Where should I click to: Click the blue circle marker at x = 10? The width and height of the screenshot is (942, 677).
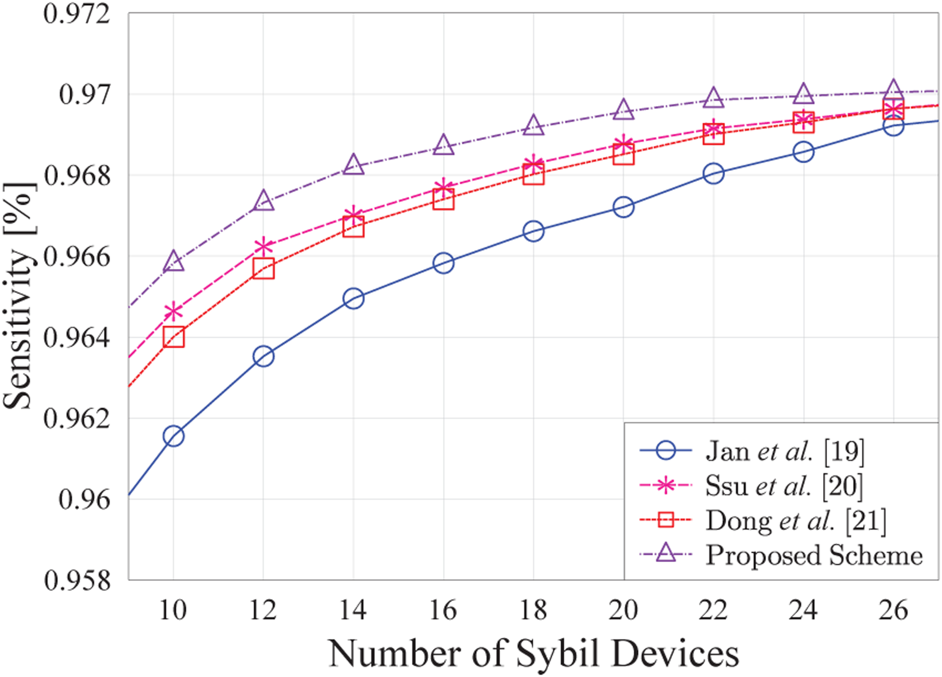(x=173, y=436)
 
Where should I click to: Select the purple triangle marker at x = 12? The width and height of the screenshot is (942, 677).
(x=263, y=201)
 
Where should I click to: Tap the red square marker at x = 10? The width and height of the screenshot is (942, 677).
(x=173, y=337)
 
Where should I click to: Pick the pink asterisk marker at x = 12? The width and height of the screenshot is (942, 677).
(x=263, y=247)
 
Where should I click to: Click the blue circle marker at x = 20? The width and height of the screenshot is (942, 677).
(x=624, y=207)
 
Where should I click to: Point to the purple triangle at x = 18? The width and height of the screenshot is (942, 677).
(x=533, y=126)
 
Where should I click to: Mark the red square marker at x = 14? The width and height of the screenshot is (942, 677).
(x=353, y=227)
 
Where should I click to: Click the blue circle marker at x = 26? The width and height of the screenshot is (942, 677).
(x=893, y=126)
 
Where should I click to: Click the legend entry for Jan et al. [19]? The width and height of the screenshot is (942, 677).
(x=785, y=451)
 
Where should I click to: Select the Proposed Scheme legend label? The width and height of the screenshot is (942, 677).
(x=814, y=555)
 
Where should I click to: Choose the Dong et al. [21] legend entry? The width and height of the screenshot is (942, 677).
(x=796, y=521)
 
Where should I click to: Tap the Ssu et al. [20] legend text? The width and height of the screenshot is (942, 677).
(x=784, y=486)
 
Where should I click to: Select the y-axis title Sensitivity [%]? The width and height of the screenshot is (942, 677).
(x=19, y=296)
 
